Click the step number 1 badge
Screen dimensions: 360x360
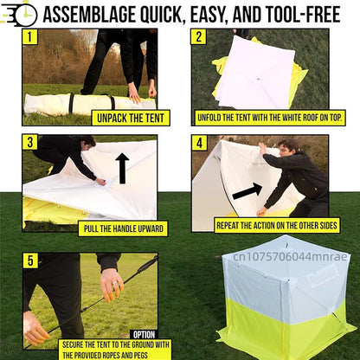(x=30, y=37)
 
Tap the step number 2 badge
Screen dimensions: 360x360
(x=199, y=37)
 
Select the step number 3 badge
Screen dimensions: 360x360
(x=30, y=143)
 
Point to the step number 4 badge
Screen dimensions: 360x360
(x=199, y=143)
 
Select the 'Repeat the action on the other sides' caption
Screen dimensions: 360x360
(x=275, y=224)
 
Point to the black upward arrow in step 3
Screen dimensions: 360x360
(x=122, y=168)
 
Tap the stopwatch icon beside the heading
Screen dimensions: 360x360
(x=21, y=13)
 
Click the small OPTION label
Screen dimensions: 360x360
(x=143, y=334)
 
